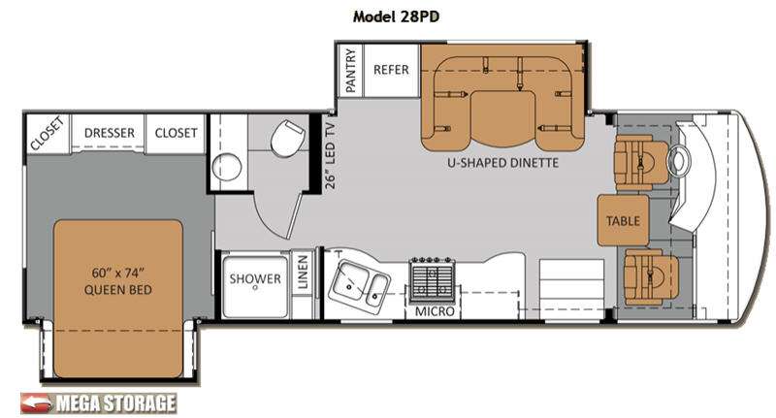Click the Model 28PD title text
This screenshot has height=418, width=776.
396,16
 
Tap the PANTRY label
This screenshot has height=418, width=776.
350,70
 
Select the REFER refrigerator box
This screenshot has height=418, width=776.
392,70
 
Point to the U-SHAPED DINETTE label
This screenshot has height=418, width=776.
502,163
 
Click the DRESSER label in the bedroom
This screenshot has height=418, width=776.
110,133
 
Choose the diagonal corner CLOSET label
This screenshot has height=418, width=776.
47,133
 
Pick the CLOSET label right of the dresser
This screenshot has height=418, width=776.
176,133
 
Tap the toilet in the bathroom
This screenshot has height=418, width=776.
286,137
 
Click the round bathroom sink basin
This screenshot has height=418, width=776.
227,167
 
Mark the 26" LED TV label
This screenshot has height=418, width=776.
331,156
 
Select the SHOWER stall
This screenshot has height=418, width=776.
255,285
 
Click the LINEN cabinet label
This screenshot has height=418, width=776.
303,273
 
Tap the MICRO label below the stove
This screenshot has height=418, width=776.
434,311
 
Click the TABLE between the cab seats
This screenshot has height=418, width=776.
623,220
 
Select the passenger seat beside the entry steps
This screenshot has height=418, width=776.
650,277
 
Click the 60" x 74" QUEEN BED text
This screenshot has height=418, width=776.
117,281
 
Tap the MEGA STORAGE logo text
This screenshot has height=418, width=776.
116,403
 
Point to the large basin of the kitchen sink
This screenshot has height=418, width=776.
349,282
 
